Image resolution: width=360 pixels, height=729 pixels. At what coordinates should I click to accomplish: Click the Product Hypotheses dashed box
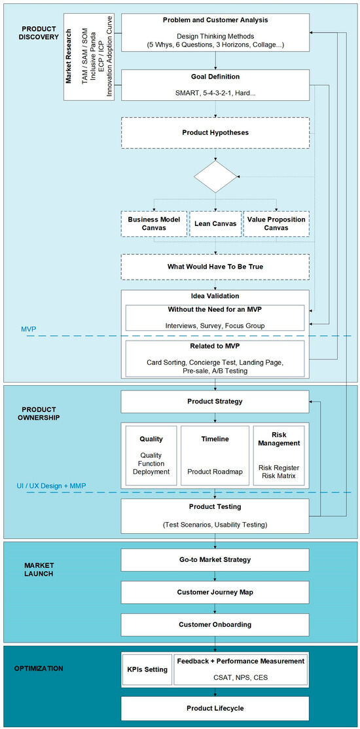click(x=215, y=132)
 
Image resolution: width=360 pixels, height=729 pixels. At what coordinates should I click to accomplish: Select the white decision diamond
click(x=215, y=177)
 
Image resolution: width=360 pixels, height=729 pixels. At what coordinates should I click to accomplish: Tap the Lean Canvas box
click(x=215, y=224)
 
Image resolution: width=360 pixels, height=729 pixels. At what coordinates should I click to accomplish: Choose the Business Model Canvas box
click(x=154, y=224)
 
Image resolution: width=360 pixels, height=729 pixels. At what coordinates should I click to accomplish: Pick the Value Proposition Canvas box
click(x=276, y=224)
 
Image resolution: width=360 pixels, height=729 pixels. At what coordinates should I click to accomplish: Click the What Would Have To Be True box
click(x=215, y=267)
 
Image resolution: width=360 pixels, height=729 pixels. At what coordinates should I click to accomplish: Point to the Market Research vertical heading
click(x=68, y=57)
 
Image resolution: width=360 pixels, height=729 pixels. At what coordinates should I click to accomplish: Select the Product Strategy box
click(x=215, y=402)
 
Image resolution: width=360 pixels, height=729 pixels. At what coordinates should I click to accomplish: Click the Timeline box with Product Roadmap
click(x=215, y=455)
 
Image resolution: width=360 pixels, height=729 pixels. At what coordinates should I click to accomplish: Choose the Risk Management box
click(x=279, y=455)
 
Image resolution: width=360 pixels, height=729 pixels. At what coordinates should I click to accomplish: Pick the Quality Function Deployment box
click(x=151, y=455)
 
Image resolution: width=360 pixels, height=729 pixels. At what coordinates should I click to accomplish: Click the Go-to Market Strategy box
click(x=215, y=560)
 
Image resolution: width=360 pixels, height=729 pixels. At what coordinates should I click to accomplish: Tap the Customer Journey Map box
click(x=215, y=592)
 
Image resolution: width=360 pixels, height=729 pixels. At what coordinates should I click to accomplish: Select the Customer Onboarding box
click(x=215, y=624)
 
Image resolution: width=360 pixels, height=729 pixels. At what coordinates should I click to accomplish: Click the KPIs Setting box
click(x=147, y=670)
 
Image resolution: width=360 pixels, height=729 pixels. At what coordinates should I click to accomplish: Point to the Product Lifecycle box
click(x=215, y=708)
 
